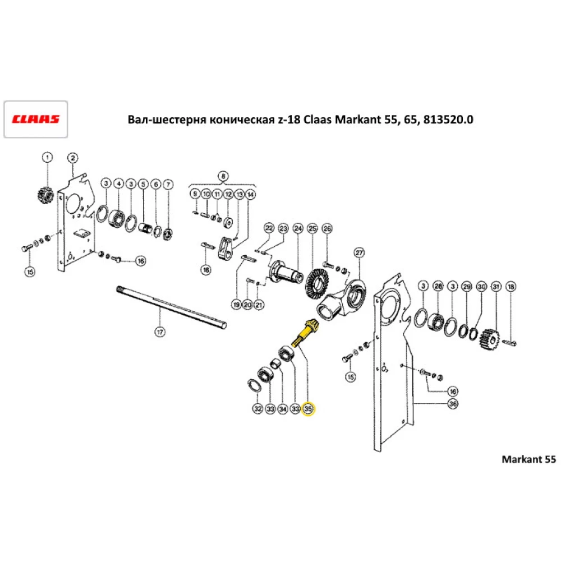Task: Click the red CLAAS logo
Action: coord(35,119)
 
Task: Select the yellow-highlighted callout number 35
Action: coord(307,408)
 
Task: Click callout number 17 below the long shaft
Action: coord(160,332)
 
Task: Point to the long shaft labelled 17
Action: coord(171,307)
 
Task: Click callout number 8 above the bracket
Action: coord(223,176)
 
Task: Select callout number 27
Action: coord(359,253)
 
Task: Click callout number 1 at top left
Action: coord(47,157)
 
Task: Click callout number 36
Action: coord(453,404)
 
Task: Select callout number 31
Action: coord(496,287)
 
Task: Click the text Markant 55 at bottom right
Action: coord(529,459)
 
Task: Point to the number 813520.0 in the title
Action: coord(448,119)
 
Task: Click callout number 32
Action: coord(257,408)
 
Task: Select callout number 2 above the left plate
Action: coord(73,158)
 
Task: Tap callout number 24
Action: coord(298,228)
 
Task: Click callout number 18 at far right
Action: coord(511,287)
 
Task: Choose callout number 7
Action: coord(168,185)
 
